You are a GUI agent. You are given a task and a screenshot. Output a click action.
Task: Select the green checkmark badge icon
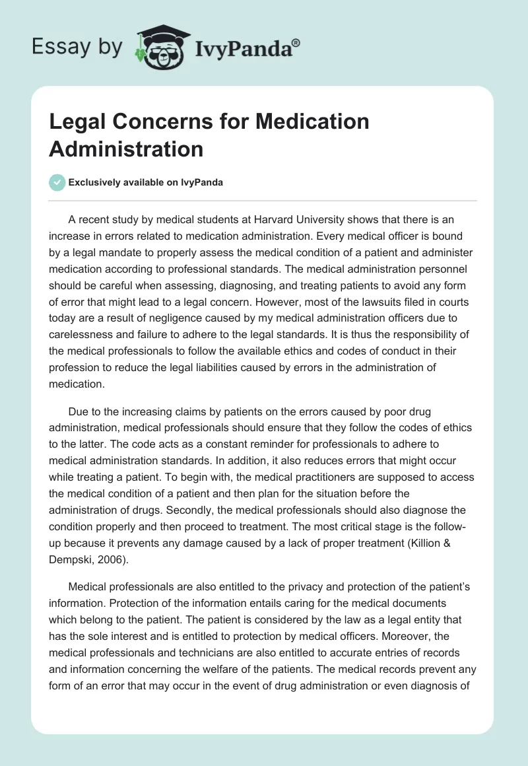(57, 182)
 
